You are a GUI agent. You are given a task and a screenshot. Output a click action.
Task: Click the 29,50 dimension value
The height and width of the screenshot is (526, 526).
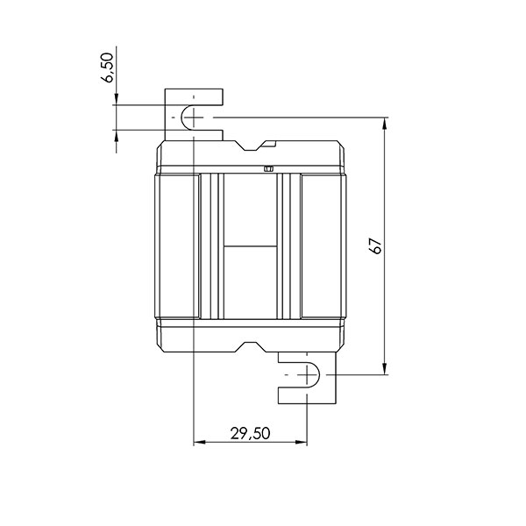250,433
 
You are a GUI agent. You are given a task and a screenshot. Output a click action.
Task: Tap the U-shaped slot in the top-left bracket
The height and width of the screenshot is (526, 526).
187,117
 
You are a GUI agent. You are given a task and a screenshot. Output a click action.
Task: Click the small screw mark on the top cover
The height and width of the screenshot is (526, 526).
268,167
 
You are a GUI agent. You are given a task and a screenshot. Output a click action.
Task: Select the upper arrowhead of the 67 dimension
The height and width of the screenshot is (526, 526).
387,124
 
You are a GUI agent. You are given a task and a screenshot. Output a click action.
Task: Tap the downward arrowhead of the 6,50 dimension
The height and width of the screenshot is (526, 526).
116,100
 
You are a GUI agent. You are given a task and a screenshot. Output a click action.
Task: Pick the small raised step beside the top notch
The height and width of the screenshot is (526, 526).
271,141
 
